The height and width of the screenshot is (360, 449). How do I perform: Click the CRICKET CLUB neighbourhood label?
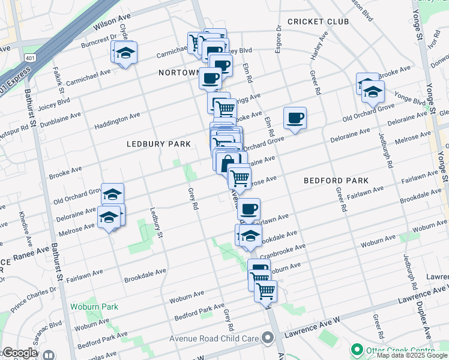(318, 22)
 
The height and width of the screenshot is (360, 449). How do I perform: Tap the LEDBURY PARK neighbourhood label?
(158, 144)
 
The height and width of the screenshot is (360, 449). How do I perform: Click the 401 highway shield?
(29, 57)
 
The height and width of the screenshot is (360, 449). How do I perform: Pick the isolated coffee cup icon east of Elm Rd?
(295, 118)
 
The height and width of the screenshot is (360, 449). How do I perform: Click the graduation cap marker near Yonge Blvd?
(373, 92)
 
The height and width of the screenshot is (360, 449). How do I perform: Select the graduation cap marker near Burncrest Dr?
(125, 53)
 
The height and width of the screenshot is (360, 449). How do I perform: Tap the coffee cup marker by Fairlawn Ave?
(249, 209)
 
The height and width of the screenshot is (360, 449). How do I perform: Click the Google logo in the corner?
(19, 353)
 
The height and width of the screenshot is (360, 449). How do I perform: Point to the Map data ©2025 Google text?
(412, 355)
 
